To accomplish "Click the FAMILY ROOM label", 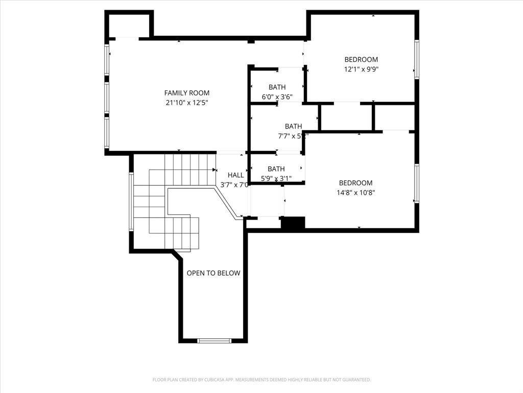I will (x=187, y=93).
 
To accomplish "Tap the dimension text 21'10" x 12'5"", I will (x=187, y=102).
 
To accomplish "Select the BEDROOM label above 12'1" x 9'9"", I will (x=361, y=59).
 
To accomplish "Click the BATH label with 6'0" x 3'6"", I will (x=277, y=87).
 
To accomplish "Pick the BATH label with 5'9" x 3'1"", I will (x=276, y=169).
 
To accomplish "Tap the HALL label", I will (x=235, y=175).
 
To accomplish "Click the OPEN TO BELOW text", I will (x=213, y=273).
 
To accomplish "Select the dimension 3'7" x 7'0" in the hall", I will (x=234, y=185).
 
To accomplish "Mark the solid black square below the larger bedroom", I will (x=293, y=223).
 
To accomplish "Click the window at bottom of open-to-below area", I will (x=214, y=340).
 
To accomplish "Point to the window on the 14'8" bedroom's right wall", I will (x=417, y=183).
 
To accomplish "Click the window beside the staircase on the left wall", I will (x=131, y=202).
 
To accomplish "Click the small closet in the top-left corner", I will (x=129, y=25).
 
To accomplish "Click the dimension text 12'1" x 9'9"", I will (x=361, y=69).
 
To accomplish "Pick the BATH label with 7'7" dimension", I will (x=293, y=126).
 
